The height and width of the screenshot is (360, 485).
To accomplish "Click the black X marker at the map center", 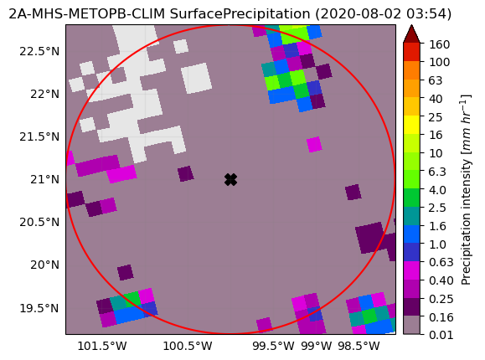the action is [230, 179].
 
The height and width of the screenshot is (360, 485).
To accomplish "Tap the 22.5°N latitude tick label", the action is [39, 51].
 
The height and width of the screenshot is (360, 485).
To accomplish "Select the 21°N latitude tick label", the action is [44, 179].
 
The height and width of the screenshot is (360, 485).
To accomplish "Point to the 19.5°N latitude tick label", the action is [39, 308].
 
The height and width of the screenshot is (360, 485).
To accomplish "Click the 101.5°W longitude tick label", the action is [101, 346].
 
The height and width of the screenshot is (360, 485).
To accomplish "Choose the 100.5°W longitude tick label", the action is [188, 346].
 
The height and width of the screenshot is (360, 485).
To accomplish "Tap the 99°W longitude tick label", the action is [316, 346].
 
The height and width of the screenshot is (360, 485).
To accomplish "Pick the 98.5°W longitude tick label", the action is [359, 346].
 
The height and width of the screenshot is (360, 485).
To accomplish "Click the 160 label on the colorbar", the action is [439, 44].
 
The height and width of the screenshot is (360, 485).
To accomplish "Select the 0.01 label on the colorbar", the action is [441, 335].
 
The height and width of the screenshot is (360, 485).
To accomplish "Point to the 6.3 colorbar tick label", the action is [437, 171].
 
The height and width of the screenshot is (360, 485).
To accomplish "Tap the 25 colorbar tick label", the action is [436, 117].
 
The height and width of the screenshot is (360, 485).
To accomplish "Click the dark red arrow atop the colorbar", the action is [411, 34].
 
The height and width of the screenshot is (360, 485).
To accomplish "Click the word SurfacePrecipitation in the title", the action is [240, 14].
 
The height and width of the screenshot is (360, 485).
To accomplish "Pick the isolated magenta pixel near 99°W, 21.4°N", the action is [314, 145].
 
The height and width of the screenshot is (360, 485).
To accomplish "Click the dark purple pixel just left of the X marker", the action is [186, 173].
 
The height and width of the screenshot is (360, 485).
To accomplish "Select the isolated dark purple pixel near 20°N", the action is [126, 272].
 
